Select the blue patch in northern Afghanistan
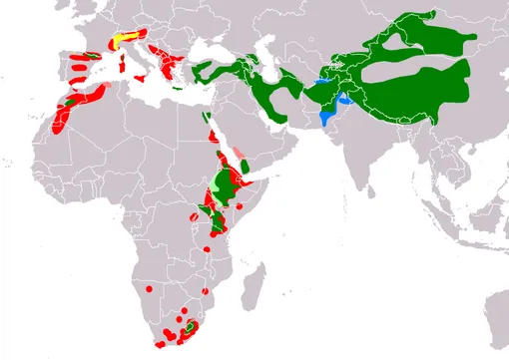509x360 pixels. point(321,79)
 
